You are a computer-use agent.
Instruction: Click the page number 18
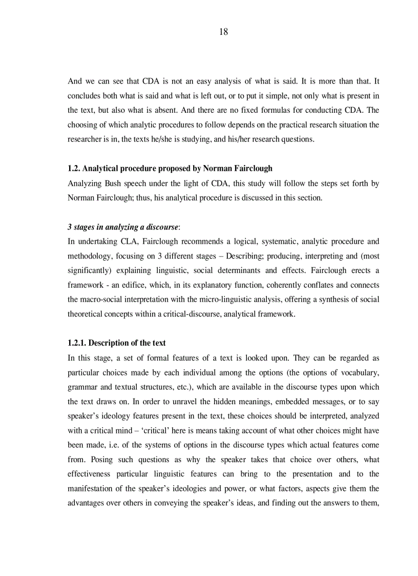(x=223, y=32)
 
